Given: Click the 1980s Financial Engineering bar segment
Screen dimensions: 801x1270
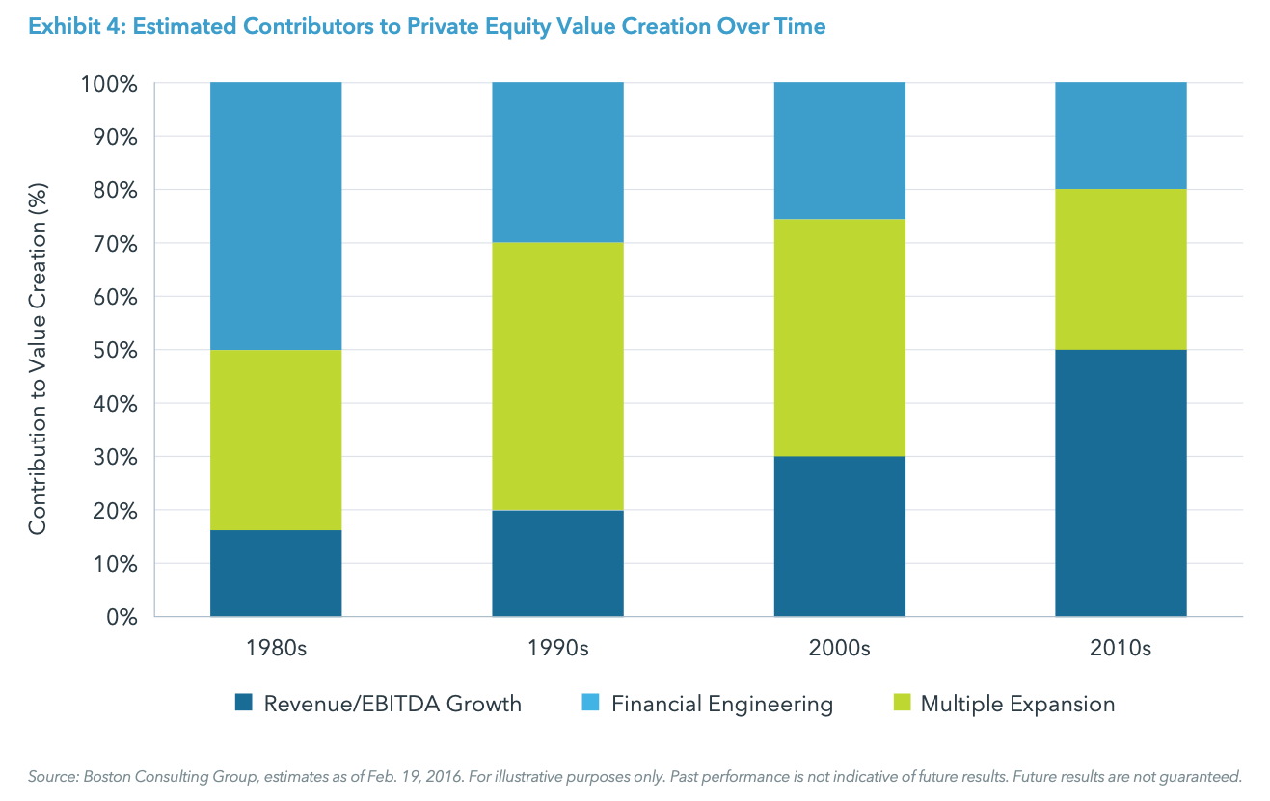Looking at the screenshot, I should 276,216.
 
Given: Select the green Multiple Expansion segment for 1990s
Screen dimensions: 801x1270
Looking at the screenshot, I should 557,376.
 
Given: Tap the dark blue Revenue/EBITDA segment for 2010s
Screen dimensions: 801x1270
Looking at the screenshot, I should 1121,482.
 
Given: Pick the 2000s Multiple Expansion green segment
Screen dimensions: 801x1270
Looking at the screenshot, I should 840,337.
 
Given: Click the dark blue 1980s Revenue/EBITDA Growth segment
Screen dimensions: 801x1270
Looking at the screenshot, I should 276,573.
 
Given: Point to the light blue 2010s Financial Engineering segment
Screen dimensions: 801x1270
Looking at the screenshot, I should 1121,136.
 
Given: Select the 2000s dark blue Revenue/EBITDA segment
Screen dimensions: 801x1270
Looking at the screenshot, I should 840,536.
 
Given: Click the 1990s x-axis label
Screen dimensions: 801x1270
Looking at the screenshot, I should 558,648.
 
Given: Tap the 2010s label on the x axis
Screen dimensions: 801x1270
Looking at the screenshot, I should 1121,648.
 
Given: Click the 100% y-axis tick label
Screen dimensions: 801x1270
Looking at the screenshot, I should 112,84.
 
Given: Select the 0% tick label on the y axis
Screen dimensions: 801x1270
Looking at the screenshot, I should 122,617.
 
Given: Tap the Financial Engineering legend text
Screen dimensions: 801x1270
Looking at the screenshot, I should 721,704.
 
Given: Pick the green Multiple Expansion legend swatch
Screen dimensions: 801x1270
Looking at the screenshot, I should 901,704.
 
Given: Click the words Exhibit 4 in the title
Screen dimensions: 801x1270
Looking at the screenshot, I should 73,26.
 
